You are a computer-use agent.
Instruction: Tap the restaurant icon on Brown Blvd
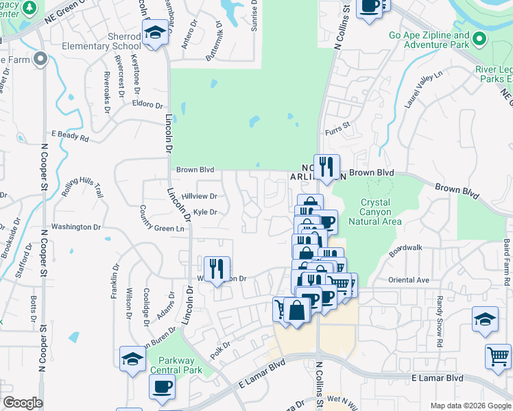327,166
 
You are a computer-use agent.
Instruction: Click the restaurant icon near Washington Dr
217,269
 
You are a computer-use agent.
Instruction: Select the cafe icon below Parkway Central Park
163,386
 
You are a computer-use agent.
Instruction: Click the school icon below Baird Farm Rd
485,320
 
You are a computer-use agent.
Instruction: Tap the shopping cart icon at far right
498,356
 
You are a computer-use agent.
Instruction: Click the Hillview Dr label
199,196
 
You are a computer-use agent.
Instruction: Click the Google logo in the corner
23,403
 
